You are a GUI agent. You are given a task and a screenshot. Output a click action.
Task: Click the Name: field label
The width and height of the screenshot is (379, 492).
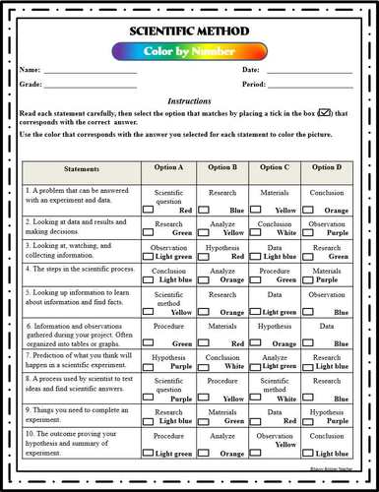pyautogui.click(x=30, y=70)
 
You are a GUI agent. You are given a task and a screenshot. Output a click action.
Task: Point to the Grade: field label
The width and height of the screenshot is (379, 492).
pyautogui.click(x=31, y=85)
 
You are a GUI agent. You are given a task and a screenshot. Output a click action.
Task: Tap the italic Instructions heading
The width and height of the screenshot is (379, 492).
pyautogui.click(x=188, y=101)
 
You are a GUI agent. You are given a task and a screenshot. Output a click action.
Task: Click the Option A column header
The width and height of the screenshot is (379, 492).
pyautogui.click(x=168, y=168)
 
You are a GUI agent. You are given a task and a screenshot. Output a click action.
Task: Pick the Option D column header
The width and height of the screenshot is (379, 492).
pyautogui.click(x=327, y=168)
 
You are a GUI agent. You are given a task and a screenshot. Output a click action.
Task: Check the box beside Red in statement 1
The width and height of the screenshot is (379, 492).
pyautogui.click(x=147, y=210)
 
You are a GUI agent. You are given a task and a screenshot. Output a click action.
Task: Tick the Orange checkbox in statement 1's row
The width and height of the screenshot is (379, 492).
pyautogui.click(x=305, y=210)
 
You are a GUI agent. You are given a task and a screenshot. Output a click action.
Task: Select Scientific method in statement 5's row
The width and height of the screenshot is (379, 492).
pyautogui.click(x=168, y=299)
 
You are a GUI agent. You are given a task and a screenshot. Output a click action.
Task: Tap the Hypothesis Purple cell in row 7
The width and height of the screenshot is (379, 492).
pyautogui.click(x=169, y=363)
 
